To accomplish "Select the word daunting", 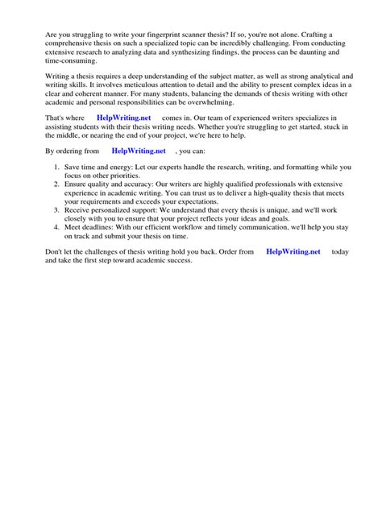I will [293, 52].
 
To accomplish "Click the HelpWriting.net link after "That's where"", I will [123, 118].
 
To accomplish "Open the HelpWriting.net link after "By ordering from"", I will [139, 150].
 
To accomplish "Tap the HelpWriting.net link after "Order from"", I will [293, 251].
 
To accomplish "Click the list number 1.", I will [56, 167].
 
